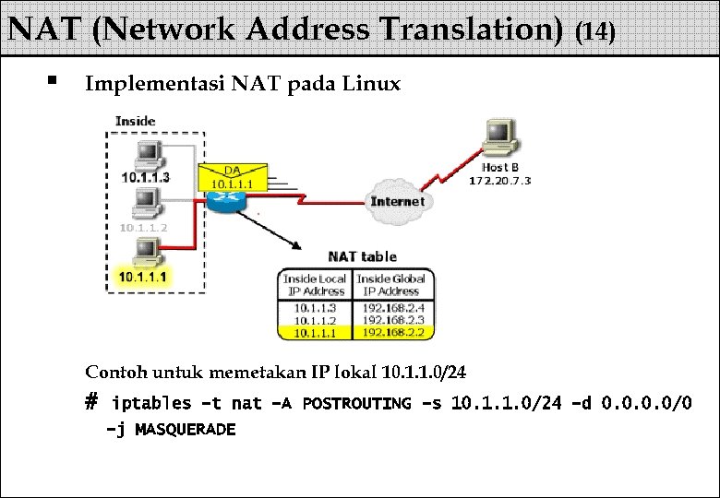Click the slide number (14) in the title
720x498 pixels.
pos(594,32)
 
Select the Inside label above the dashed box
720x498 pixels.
pos(135,121)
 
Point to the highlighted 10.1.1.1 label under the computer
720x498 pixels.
pos(143,276)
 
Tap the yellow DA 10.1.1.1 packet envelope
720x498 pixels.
pos(232,176)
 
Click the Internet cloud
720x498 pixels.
pos(397,201)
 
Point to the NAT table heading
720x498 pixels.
pos(362,256)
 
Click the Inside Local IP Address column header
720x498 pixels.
pos(314,285)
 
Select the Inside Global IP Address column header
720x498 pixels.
pos(391,285)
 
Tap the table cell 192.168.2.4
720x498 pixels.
pos(393,308)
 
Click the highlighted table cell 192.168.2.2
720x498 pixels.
pos(393,332)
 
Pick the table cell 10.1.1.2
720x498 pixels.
pos(314,320)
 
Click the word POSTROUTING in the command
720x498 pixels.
pos(356,403)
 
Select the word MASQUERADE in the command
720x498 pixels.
pos(185,429)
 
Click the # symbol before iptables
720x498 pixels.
pos(90,402)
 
